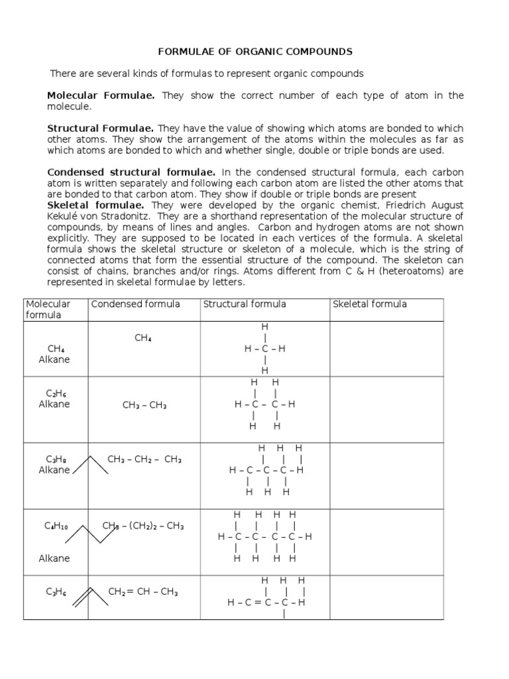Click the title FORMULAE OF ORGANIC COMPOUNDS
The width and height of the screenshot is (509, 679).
click(x=254, y=51)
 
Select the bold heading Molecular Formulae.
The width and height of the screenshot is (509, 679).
click(x=101, y=95)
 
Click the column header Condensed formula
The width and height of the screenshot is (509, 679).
click(x=135, y=304)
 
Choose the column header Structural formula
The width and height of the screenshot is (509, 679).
click(x=245, y=304)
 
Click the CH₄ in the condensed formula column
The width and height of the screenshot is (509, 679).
click(x=143, y=338)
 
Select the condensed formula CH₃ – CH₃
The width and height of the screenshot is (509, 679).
click(x=144, y=405)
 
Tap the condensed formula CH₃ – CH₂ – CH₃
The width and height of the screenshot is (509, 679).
click(x=144, y=459)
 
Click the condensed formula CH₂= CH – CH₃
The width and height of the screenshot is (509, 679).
click(x=143, y=592)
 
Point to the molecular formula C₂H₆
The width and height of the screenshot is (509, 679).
click(x=54, y=393)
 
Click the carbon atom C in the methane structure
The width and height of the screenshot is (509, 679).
click(x=264, y=349)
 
